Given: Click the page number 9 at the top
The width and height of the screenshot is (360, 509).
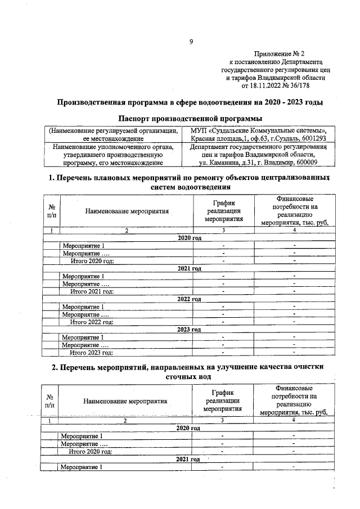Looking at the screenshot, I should pyautogui.click(x=191, y=41).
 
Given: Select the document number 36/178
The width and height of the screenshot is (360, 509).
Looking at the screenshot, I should pyautogui.click(x=299, y=86).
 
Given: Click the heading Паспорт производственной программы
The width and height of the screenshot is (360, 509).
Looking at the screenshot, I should pyautogui.click(x=191, y=118).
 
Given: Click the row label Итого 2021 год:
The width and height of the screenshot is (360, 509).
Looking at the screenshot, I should pyautogui.click(x=92, y=291).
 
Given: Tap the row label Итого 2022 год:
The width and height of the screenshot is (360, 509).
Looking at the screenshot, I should pyautogui.click(x=92, y=322).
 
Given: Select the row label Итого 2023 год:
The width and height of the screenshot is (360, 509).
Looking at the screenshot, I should pyautogui.click(x=92, y=353).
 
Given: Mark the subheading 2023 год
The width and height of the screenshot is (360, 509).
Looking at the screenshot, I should pyautogui.click(x=189, y=329).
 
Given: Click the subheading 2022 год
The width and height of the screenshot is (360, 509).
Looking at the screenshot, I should pyautogui.click(x=189, y=299).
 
